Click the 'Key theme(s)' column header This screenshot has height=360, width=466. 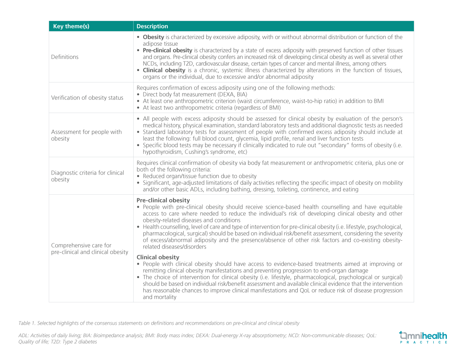coord(71,26)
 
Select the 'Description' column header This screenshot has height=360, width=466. coord(152,26)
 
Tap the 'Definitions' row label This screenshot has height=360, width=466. coord(65,57)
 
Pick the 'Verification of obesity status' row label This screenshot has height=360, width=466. coord(87,98)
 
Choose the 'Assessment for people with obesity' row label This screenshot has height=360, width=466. coord(86,135)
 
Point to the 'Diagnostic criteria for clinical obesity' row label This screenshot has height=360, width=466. coord(88,176)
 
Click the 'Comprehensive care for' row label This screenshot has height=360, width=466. coord(81,245)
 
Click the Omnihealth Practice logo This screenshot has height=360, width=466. coord(423,337)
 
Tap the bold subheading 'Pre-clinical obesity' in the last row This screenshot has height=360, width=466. coord(163,200)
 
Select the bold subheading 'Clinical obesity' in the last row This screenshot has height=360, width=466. coord(158,257)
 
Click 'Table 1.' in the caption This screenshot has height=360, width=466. coord(27,323)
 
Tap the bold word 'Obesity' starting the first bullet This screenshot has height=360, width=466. coord(153,37)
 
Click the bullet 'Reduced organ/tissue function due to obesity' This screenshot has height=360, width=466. coord(200,176)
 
